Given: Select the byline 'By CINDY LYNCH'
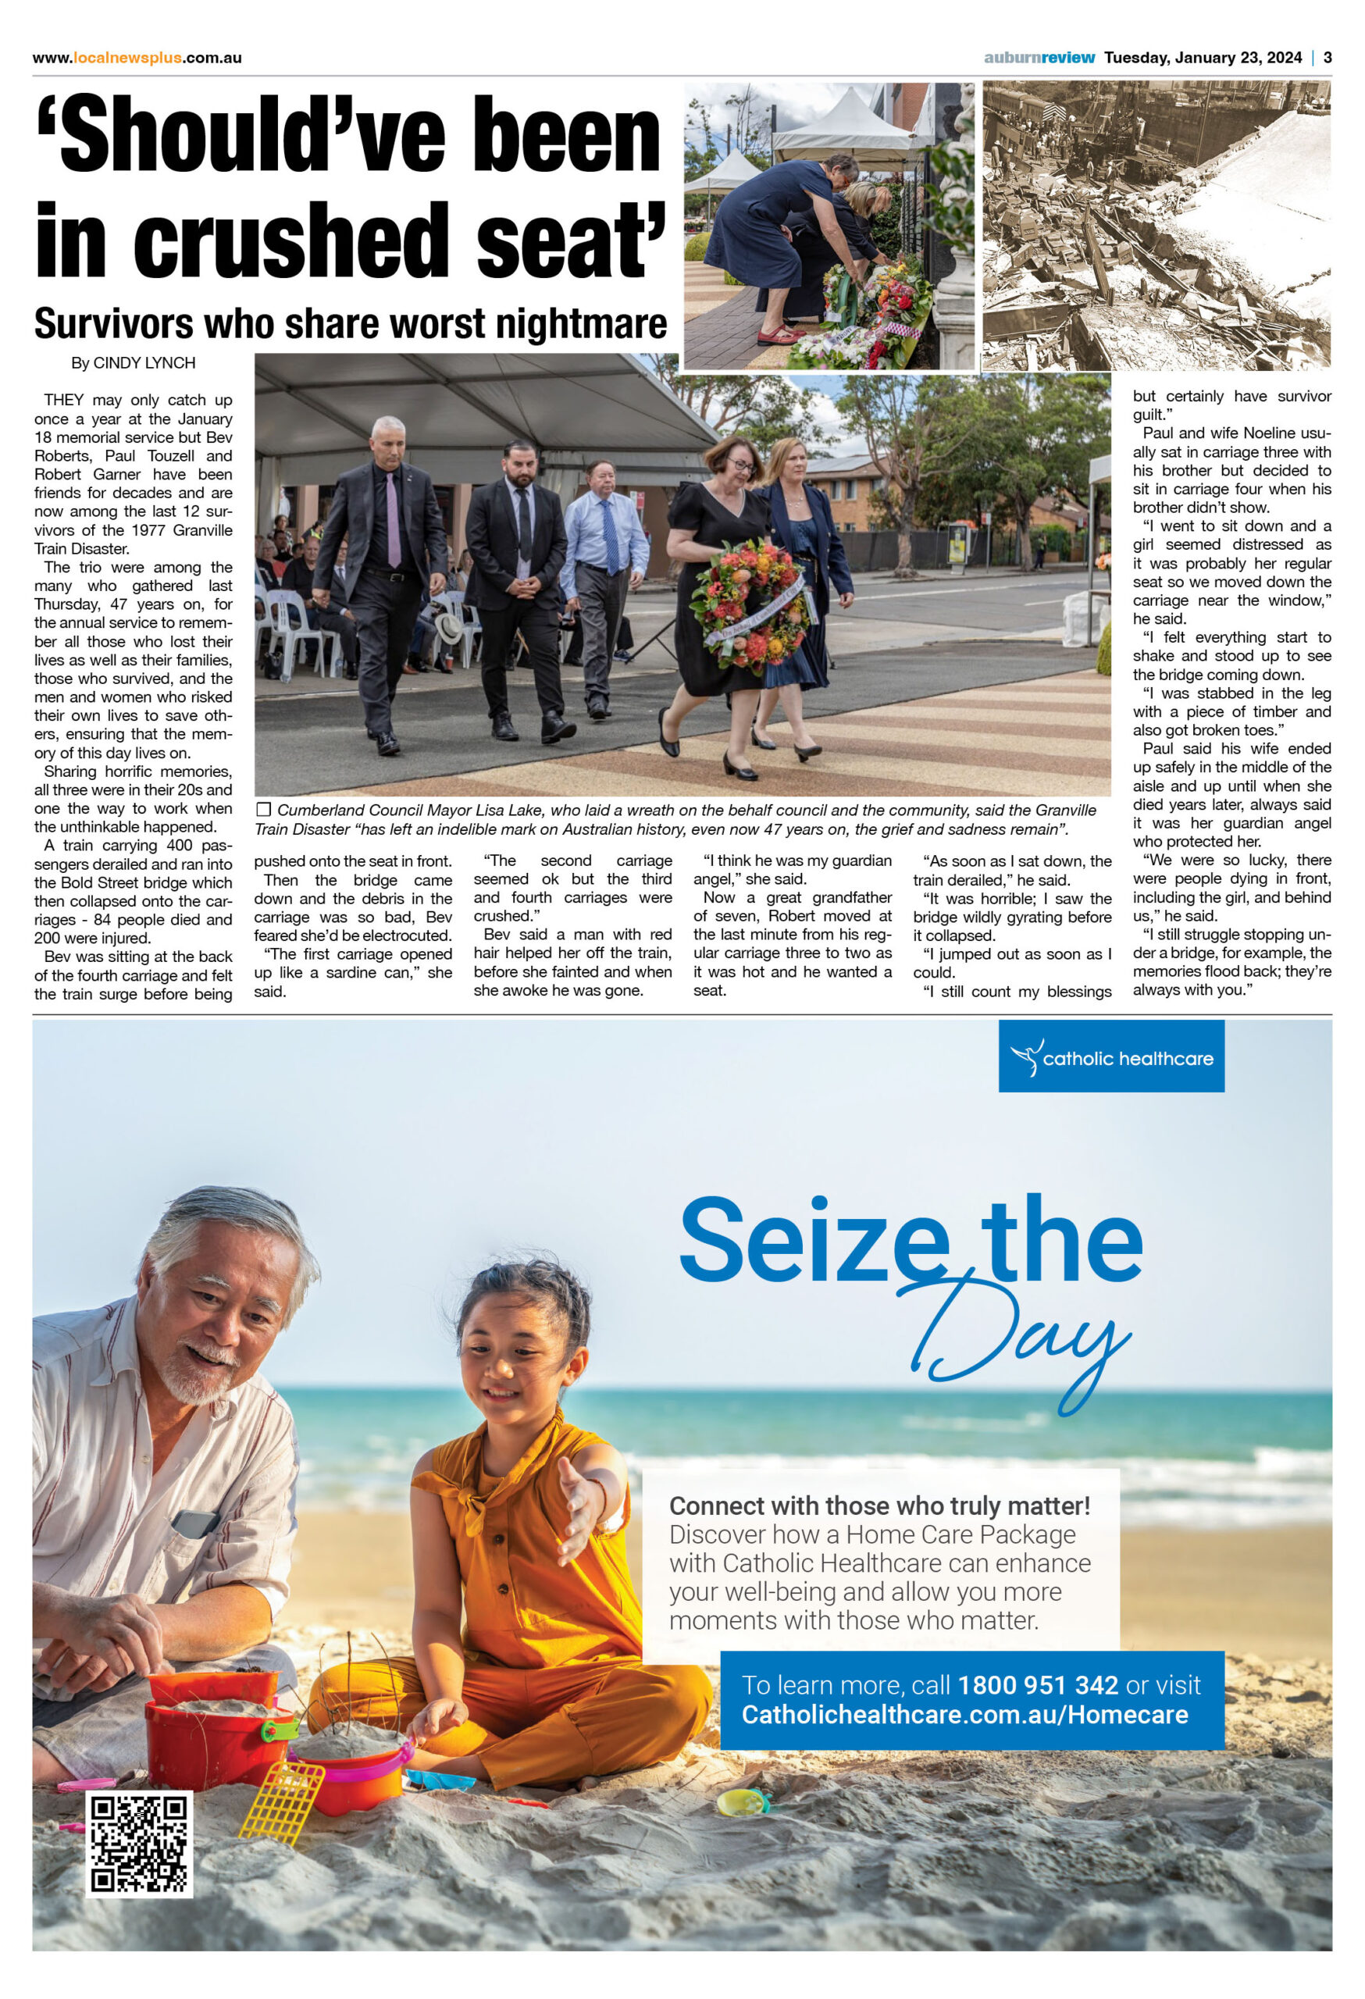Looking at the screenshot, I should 134,363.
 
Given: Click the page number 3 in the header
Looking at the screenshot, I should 1328,58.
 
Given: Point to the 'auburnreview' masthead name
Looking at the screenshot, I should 1039,58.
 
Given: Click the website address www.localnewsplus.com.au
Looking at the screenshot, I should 137,58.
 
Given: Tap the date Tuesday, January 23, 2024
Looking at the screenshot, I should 1203,58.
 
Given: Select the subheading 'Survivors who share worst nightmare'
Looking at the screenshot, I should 350,323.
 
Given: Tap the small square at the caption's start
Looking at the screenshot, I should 263,810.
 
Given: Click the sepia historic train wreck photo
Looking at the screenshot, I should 1156,226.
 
